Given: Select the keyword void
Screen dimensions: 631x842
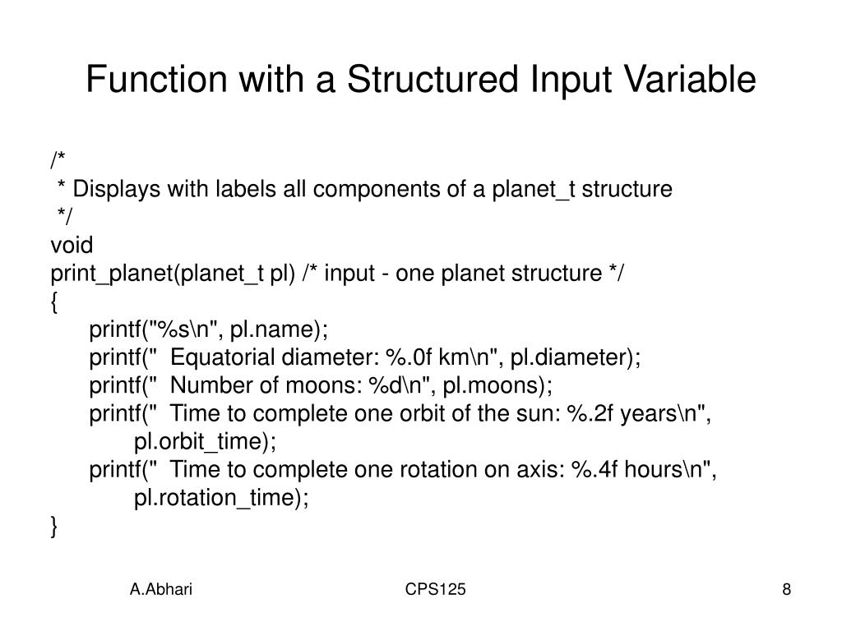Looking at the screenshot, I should click(x=72, y=246).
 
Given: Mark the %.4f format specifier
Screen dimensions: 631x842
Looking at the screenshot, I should click(x=597, y=470).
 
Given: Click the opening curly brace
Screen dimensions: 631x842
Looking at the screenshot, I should click(x=54, y=302).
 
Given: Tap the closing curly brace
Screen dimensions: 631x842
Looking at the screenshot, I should click(x=54, y=527).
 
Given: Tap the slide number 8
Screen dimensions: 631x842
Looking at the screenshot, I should click(x=787, y=589).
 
